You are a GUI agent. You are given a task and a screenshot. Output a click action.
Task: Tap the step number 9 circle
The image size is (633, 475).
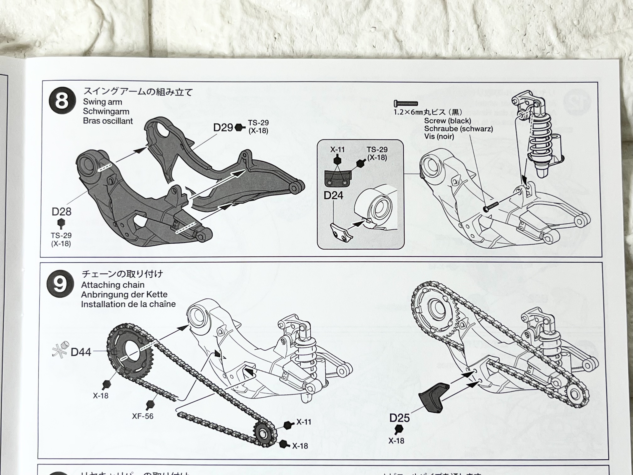[60, 284]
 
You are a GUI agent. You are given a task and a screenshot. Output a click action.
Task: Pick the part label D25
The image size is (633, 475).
[400, 418]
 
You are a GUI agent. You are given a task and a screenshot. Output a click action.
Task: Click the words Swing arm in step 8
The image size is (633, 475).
[103, 102]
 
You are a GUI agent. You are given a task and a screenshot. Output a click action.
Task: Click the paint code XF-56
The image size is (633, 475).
[143, 416]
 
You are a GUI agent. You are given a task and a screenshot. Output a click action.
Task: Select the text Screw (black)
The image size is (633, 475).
[447, 121]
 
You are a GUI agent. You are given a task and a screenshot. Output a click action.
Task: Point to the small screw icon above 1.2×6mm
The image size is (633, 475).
[406, 103]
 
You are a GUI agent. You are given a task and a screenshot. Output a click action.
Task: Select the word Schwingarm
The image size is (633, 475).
[106, 111]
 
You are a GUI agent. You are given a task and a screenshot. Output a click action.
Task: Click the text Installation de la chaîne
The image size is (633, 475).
[128, 304]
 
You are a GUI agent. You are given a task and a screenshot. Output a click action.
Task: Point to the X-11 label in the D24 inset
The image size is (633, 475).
[337, 149]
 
